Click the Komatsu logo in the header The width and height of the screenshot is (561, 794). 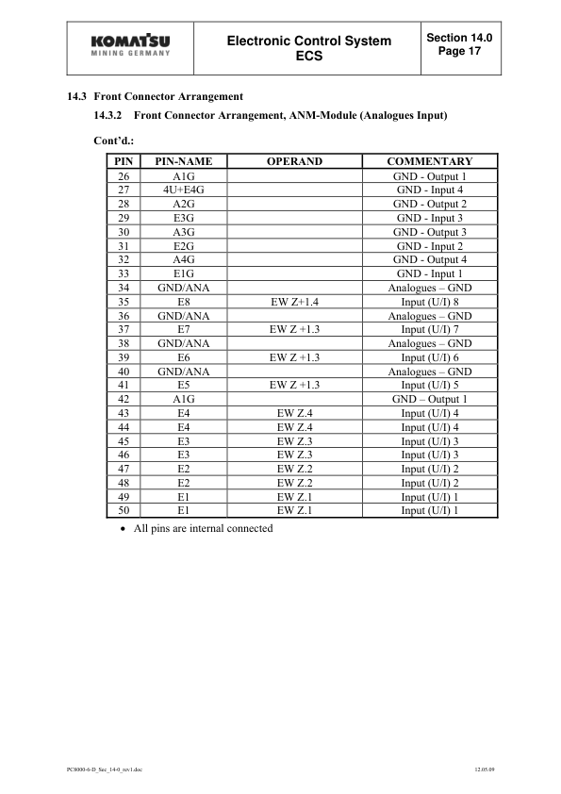[x=130, y=46]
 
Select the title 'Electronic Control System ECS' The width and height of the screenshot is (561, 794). [x=309, y=48]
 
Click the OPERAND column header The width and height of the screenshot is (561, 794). [x=294, y=162]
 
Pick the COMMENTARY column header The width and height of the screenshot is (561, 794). [x=430, y=162]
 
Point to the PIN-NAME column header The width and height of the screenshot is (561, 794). [x=183, y=162]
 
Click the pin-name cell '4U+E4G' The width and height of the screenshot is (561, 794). [x=183, y=190]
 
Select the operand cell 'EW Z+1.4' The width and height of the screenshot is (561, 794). [x=294, y=302]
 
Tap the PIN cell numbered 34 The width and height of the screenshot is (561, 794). [x=123, y=288]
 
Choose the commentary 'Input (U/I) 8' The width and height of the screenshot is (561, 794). [x=430, y=302]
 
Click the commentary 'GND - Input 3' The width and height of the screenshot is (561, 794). [x=430, y=218]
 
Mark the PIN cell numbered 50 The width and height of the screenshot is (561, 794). [x=123, y=510]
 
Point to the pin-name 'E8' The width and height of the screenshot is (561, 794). [x=183, y=302]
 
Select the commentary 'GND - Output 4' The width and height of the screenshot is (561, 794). [x=430, y=259]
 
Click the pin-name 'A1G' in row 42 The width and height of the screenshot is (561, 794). [x=183, y=399]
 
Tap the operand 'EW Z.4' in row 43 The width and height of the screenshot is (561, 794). [x=294, y=413]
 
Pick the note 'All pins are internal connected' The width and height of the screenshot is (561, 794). [x=204, y=528]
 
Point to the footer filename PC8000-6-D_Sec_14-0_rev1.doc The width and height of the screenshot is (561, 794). [x=104, y=770]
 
